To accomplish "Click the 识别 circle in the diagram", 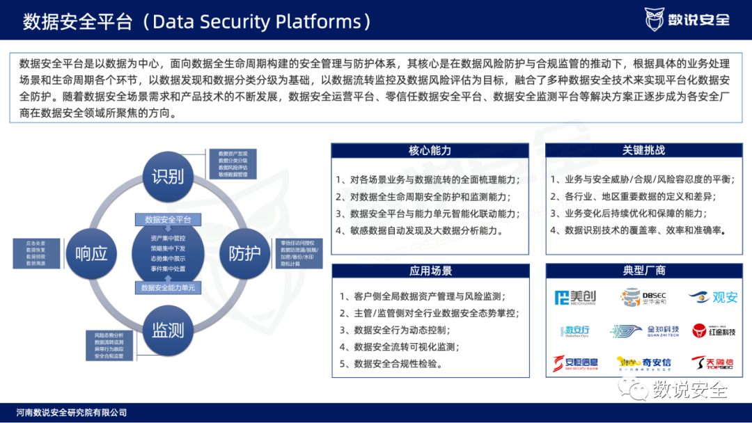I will pyautogui.click(x=168, y=176).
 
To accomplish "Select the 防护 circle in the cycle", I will pyautogui.click(x=244, y=253).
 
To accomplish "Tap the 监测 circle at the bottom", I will pyautogui.click(x=168, y=329).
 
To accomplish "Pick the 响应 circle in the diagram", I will pyautogui.click(x=91, y=253).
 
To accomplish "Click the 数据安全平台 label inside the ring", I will pyautogui.click(x=168, y=220).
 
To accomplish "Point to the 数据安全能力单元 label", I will pyautogui.click(x=168, y=287).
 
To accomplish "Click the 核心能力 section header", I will pyautogui.click(x=430, y=151).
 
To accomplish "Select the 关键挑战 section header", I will pyautogui.click(x=643, y=151).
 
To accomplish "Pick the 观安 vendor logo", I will pyautogui.click(x=713, y=297).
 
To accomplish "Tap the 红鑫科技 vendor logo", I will pyautogui.click(x=714, y=330).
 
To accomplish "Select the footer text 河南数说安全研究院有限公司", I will pyautogui.click(x=72, y=413).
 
